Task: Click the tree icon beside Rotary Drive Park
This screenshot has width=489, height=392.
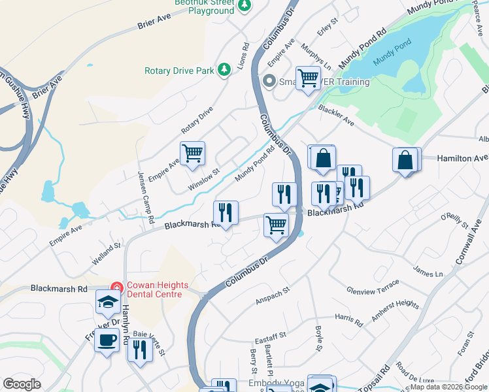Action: click(224, 70)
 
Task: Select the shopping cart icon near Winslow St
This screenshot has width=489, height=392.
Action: click(192, 154)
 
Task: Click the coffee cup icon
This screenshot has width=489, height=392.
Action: click(107, 340)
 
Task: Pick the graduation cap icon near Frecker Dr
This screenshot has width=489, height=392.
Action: click(108, 302)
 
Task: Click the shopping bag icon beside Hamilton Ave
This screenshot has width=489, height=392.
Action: click(405, 160)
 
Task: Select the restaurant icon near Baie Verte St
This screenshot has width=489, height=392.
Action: click(139, 351)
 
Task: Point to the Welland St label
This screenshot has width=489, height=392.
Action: click(107, 254)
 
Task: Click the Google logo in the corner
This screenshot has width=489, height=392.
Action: click(22, 384)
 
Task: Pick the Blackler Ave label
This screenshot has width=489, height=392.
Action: click(336, 116)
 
